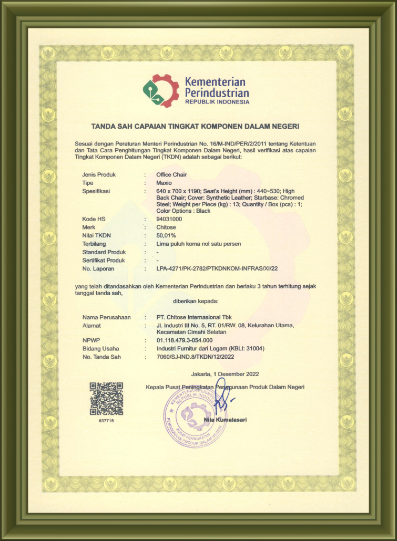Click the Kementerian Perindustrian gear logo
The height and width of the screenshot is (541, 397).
[161, 90]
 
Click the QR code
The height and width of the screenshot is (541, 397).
[106, 399]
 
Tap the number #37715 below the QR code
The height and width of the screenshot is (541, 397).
[106, 421]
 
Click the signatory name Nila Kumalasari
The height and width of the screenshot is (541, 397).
[225, 420]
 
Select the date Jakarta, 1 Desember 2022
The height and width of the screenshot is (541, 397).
[225, 374]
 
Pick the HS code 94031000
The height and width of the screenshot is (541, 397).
[170, 219]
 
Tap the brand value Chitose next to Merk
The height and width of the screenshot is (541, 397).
[167, 227]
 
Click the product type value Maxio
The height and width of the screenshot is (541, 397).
[164, 183]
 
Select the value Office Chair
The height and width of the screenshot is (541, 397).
[171, 174]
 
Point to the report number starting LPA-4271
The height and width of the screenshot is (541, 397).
[217, 268]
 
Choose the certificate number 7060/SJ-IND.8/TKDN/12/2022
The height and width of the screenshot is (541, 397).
[195, 357]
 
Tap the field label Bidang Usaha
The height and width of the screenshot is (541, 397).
[100, 348]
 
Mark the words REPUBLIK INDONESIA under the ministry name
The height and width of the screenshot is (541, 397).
[217, 102]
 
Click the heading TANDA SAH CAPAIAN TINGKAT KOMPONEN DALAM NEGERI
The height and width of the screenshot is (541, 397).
[195, 127]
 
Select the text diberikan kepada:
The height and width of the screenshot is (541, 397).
[195, 301]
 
